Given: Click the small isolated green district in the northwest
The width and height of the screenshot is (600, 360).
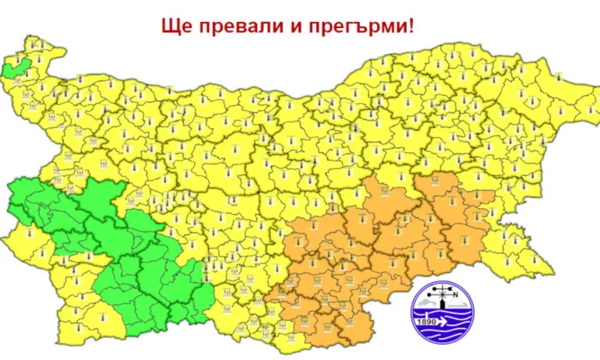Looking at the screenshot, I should coord(14,69).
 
